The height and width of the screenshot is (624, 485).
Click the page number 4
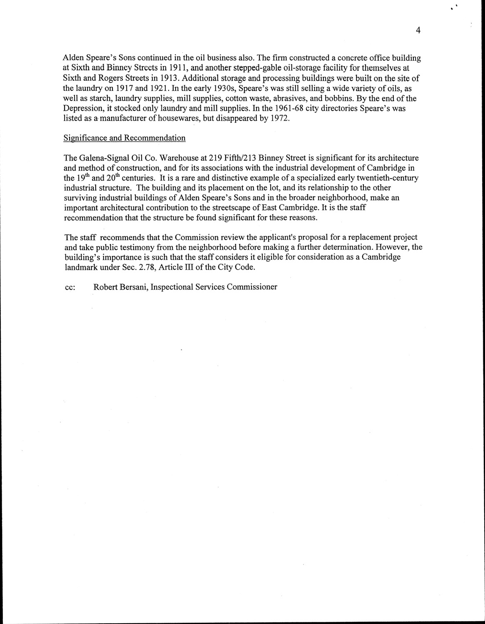coord(418,30)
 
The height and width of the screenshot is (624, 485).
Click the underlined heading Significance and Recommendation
coord(124,138)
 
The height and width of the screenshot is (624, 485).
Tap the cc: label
coord(70,287)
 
